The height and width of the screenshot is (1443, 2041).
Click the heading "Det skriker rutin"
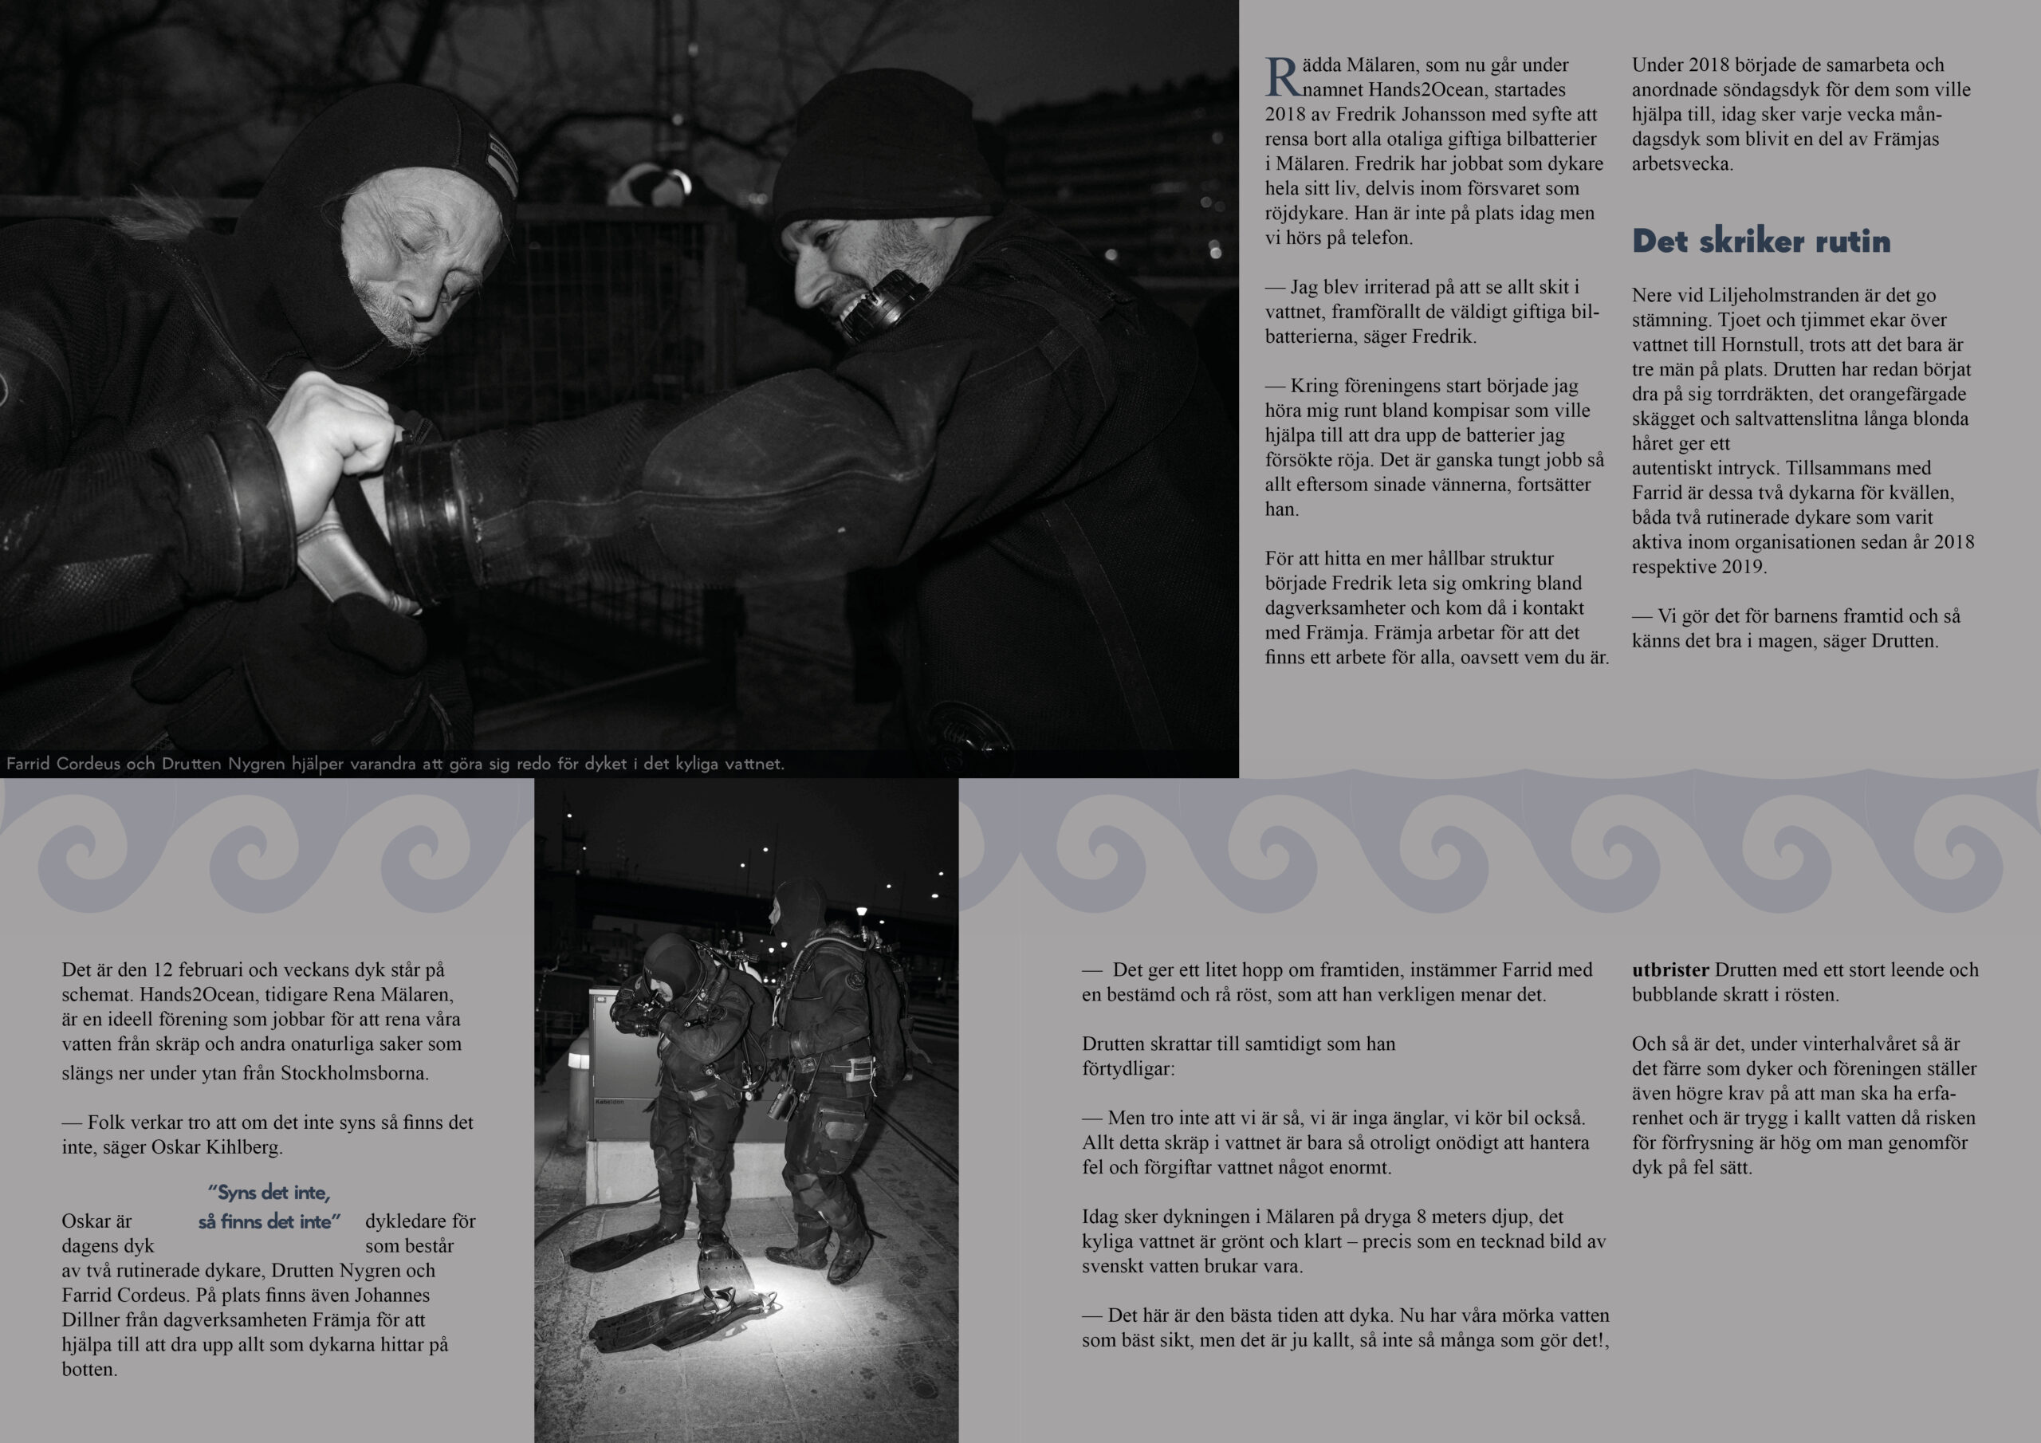1760,241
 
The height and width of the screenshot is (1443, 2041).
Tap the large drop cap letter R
1283,77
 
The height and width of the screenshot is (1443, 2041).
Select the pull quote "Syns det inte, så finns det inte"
269,1206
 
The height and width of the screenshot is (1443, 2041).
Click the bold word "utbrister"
1670,970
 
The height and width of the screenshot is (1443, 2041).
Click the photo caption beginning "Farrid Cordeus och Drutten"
395,764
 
